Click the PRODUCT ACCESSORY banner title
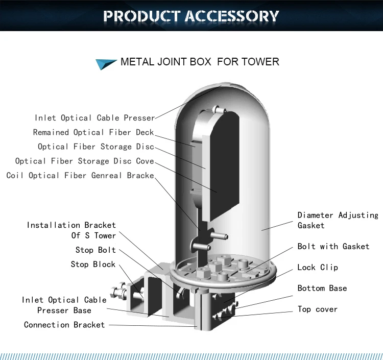click(x=191, y=15)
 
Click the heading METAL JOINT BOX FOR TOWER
click(x=200, y=62)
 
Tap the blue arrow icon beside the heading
click(x=106, y=63)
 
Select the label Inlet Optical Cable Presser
click(x=94, y=118)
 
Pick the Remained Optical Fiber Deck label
click(x=93, y=132)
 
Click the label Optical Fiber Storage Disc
click(x=95, y=147)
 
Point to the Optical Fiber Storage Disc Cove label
click(x=84, y=161)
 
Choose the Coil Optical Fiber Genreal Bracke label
click(x=80, y=175)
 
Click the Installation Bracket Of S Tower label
click(x=71, y=230)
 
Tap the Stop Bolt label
click(x=95, y=250)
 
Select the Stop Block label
click(x=93, y=264)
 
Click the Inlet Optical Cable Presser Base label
click(x=64, y=305)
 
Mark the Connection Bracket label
click(x=64, y=324)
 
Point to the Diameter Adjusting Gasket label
click(x=338, y=220)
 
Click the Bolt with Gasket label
click(x=333, y=246)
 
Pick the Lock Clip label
click(x=318, y=267)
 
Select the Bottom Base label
click(x=322, y=288)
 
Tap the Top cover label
click(x=318, y=309)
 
